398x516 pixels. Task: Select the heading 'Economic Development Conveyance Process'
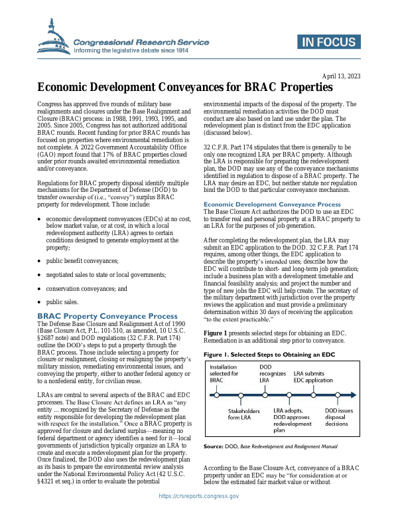pos(271,205)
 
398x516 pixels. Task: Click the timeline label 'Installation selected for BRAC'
pos(225,373)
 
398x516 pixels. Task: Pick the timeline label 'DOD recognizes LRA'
pos(272,373)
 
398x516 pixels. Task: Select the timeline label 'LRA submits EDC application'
pos(313,377)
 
